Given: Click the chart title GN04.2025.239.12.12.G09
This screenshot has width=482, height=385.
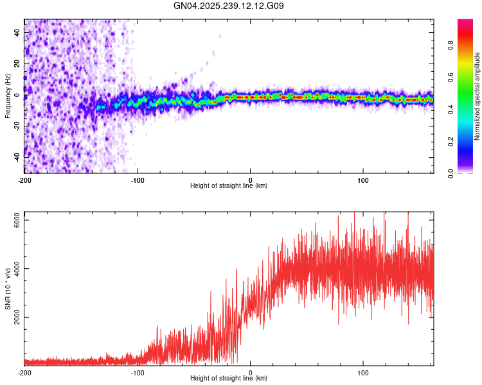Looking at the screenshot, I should click(229, 6).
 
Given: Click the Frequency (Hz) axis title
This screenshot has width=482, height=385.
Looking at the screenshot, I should click(8, 96).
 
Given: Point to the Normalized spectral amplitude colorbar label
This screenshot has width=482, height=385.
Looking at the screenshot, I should click(477, 97).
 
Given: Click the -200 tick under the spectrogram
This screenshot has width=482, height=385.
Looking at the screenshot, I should click(24, 180).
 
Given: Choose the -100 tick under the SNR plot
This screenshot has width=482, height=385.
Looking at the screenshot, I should click(138, 372).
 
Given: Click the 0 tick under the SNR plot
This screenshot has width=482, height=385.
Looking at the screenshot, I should click(251, 372).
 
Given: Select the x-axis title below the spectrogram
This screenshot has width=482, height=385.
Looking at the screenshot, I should click(229, 186).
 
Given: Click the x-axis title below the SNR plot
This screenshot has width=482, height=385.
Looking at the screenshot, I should click(229, 379).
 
